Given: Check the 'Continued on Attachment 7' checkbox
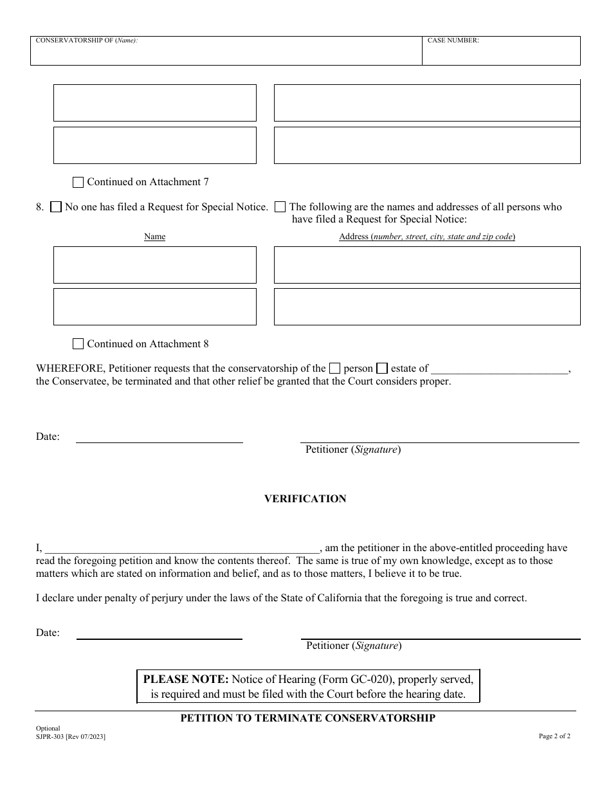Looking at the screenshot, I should click(78, 182).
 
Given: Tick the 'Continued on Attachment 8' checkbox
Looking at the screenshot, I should click(78, 344).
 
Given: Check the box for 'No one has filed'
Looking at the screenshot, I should click(56, 207).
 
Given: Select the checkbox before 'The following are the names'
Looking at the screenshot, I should click(280, 207).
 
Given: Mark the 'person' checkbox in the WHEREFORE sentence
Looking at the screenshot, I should click(334, 368).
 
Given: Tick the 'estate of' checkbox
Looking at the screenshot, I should click(382, 368).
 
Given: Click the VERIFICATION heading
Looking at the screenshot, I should click(305, 499).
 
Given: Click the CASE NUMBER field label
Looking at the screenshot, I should click(453, 41).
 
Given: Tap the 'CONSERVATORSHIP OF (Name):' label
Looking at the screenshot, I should click(87, 41).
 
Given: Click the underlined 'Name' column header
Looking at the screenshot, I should click(155, 237).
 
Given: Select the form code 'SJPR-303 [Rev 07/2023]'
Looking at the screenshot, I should click(71, 736).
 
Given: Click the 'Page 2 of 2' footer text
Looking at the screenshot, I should click(554, 736).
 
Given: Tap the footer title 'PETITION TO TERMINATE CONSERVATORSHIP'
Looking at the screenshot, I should click(307, 718).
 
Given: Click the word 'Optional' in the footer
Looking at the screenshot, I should click(48, 729).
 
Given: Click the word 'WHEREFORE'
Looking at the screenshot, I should click(71, 368).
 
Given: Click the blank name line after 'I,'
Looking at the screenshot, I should click(181, 547).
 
